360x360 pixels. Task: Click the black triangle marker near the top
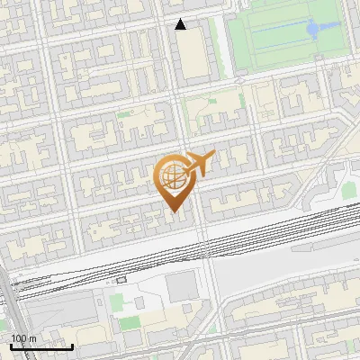181,24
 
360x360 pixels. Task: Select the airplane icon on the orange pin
196,164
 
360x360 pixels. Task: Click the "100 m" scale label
23,337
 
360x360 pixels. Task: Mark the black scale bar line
41,346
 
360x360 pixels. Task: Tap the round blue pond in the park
312,29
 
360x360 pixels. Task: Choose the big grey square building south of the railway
181,286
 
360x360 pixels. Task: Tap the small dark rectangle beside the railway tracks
121,280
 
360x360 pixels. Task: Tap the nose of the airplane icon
211,156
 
